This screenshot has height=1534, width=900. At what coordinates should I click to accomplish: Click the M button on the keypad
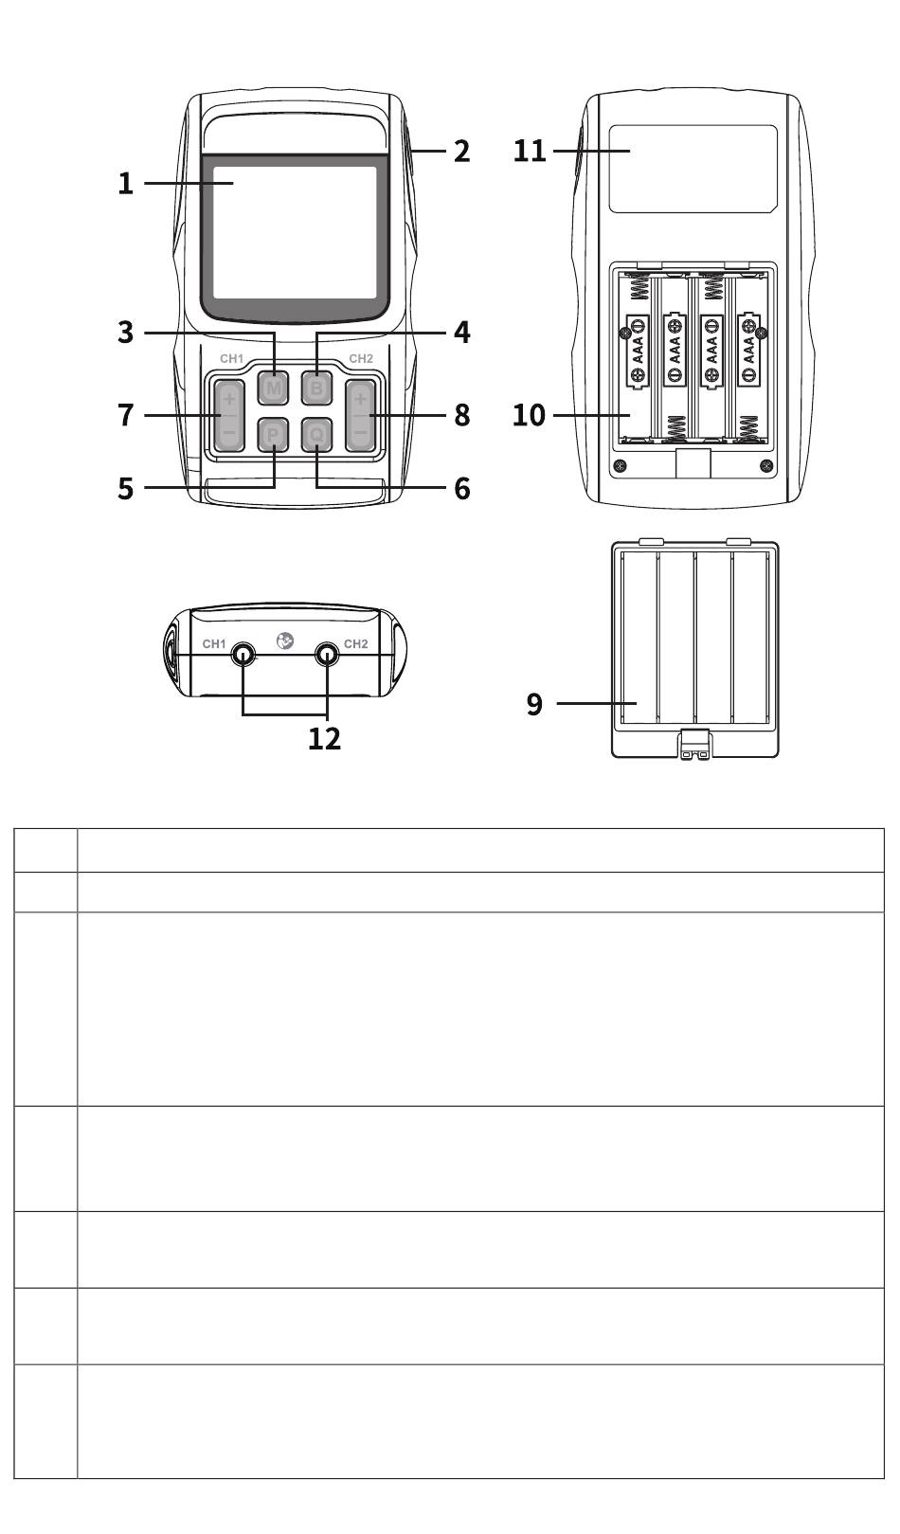(273, 388)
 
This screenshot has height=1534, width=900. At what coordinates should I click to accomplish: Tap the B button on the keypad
(316, 388)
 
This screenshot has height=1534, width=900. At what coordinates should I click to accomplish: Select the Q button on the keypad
(316, 435)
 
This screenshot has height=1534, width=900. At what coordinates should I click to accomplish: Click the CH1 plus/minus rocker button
(228, 416)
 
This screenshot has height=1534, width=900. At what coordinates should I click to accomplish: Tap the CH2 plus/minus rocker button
(360, 416)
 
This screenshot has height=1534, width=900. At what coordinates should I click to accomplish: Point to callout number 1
(125, 184)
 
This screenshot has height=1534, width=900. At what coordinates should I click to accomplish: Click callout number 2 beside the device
(462, 152)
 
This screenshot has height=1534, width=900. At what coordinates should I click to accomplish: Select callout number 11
(530, 151)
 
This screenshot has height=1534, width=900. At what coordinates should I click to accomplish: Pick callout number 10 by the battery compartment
(529, 415)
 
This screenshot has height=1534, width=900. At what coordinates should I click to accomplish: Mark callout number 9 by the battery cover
(534, 703)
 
